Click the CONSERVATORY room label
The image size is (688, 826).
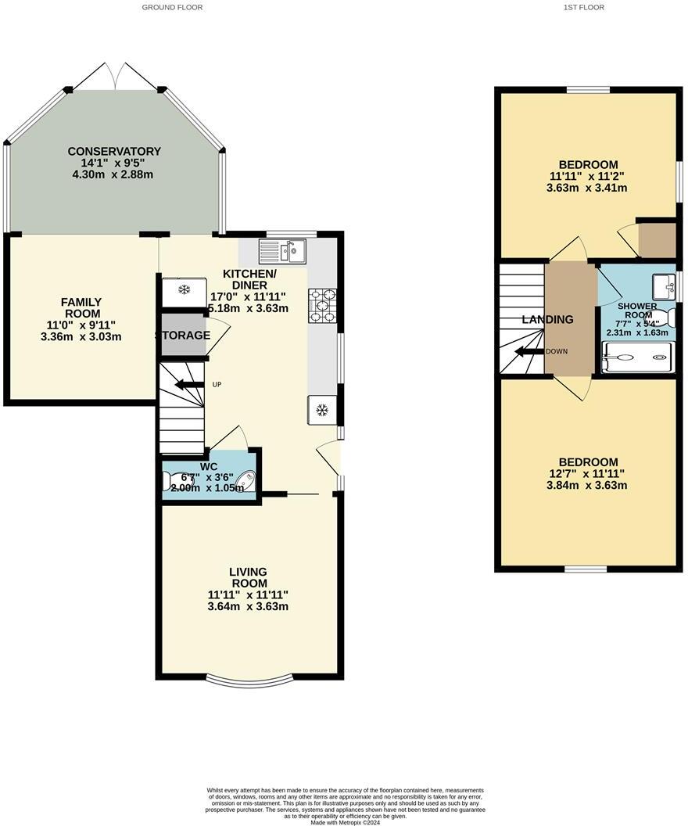click(114, 151)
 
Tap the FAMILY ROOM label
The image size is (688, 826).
click(82, 307)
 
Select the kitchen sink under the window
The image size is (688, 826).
click(283, 251)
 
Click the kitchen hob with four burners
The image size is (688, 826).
click(323, 305)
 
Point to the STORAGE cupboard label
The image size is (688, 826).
click(182, 336)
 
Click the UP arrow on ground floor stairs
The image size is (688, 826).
click(188, 385)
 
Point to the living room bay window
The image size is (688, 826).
click(250, 680)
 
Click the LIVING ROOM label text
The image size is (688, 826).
click(248, 577)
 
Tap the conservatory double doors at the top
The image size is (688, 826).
click(115, 76)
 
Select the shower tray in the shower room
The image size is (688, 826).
click(634, 359)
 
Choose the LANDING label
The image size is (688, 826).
click(547, 319)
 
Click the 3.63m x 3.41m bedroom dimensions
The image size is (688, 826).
click(587, 188)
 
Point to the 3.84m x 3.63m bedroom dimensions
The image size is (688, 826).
click(587, 485)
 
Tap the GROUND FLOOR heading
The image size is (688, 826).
click(172, 7)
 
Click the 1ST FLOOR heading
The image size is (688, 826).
click(583, 7)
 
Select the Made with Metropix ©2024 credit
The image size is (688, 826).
click(346, 822)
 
